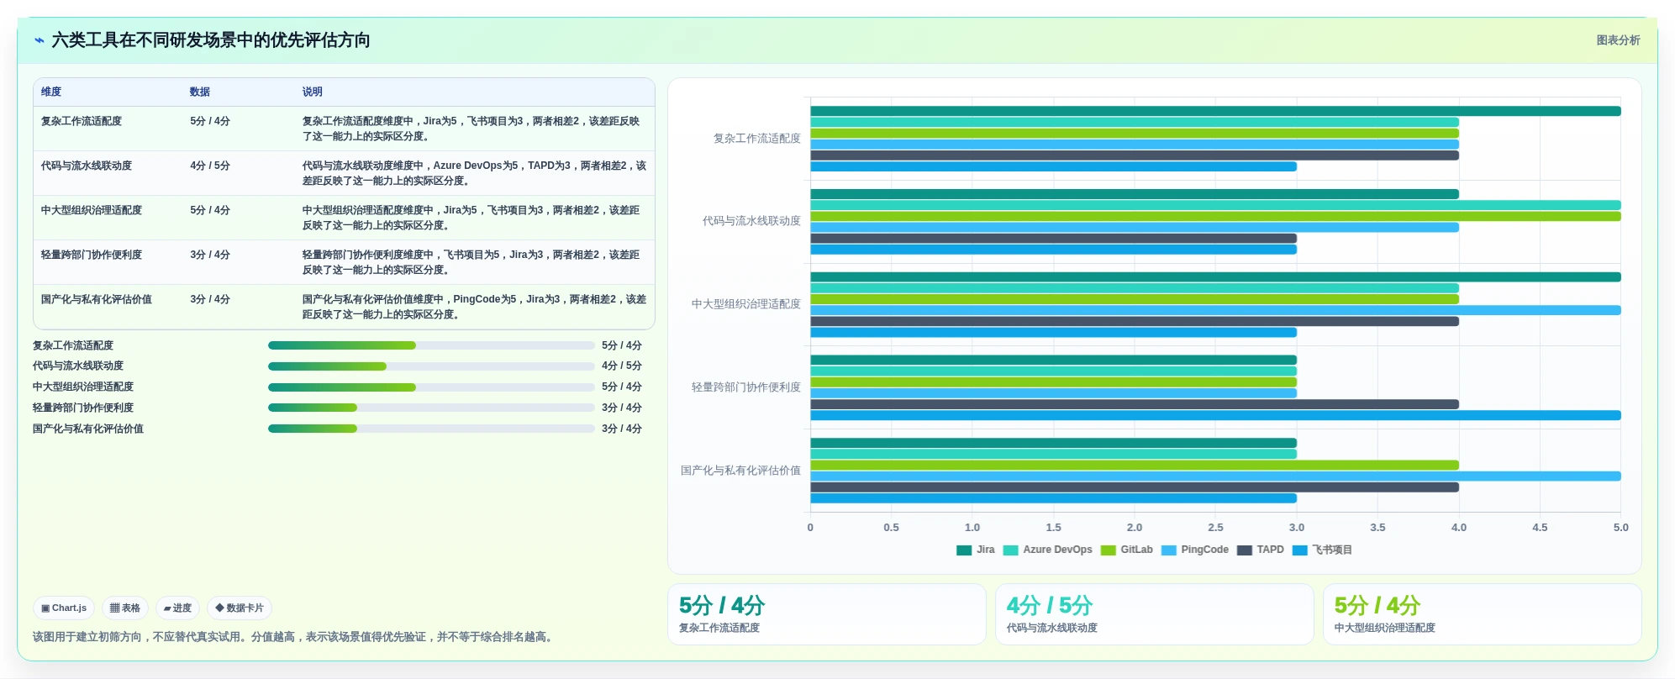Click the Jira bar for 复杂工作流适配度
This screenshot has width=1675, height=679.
point(1215,111)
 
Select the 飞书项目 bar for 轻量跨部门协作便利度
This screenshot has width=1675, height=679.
point(1215,415)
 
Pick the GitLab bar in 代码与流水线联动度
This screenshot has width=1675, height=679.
point(1215,216)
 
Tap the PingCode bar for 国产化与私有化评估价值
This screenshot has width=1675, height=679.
point(1215,476)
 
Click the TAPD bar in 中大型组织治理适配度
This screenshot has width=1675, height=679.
point(1135,321)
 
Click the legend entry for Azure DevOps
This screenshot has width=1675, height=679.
point(1048,550)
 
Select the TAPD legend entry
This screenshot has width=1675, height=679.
point(1261,550)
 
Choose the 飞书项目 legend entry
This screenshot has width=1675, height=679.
point(1322,550)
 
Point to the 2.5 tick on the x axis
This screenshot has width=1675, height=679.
point(1215,528)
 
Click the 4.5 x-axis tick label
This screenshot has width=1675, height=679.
point(1540,528)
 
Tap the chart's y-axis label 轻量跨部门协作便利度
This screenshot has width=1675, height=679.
point(746,387)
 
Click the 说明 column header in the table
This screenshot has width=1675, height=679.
point(313,92)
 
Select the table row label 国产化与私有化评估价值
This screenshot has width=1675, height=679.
point(97,299)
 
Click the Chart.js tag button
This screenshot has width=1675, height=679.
point(64,608)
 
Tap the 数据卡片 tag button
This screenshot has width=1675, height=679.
point(240,608)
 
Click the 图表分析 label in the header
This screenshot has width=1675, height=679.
point(1619,40)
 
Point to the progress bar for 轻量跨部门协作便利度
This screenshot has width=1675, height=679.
point(431,408)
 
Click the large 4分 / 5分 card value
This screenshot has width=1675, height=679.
point(1050,605)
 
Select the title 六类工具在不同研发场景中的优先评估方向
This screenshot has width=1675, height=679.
point(211,40)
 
